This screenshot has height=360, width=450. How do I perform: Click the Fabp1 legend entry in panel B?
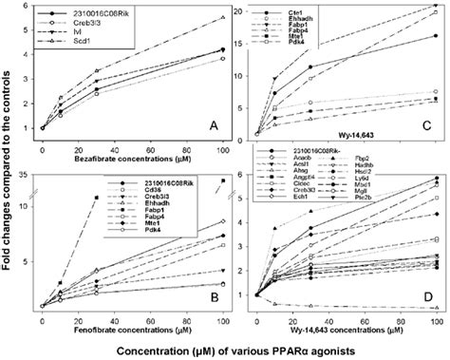coord(102,216)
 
